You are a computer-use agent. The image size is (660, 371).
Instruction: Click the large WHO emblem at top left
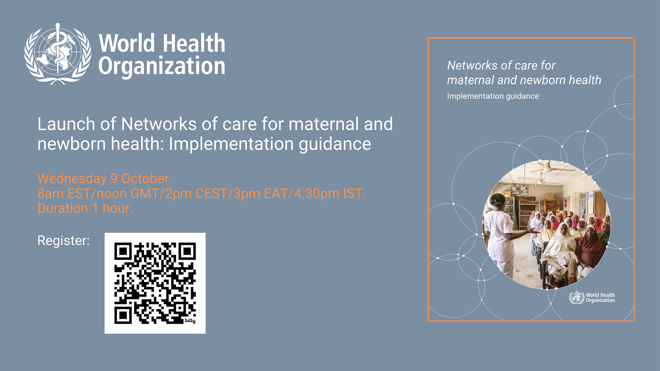point(58,54)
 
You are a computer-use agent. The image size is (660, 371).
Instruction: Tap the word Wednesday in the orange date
point(72,179)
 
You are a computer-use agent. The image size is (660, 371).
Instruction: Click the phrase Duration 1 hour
point(85,208)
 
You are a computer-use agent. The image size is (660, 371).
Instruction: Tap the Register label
point(63,241)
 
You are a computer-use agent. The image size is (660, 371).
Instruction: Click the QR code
point(155,283)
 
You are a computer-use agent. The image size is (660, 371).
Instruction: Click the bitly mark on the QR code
point(190,320)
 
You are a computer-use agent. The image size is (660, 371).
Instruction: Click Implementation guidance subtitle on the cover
point(493,96)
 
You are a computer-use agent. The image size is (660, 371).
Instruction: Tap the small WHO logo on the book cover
point(592,297)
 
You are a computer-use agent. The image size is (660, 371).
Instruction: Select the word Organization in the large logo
point(162,66)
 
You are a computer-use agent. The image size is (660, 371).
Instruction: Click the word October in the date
point(145,179)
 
